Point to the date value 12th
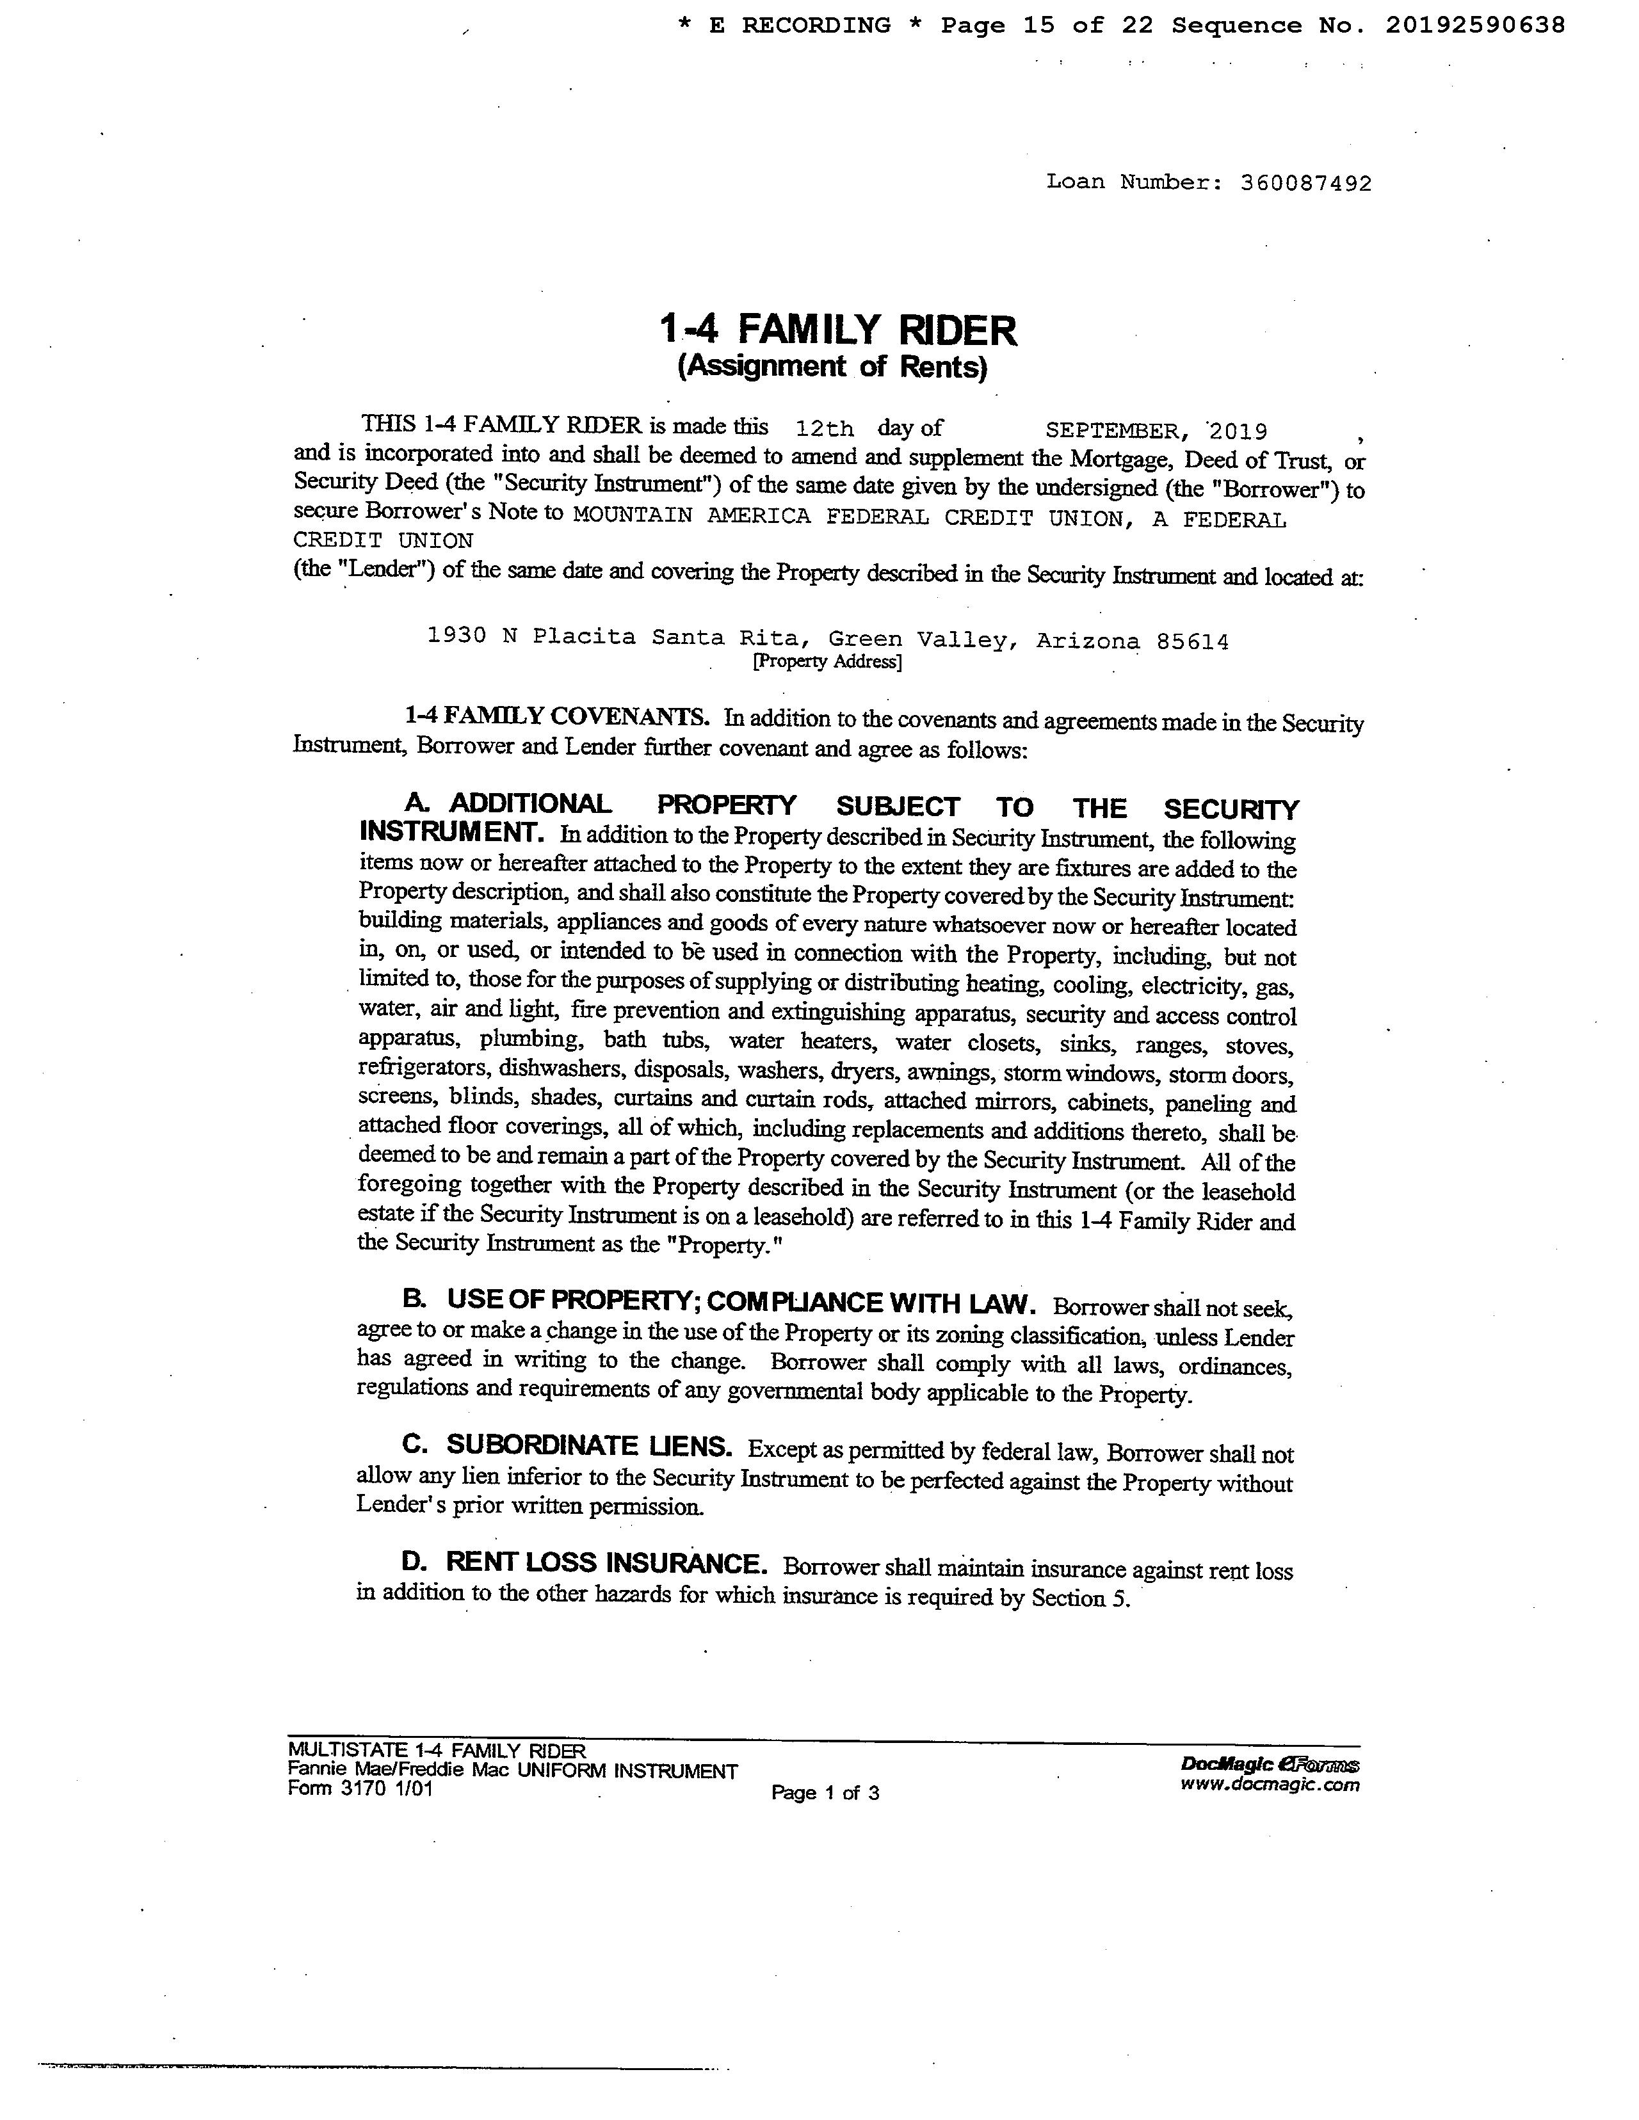(x=823, y=428)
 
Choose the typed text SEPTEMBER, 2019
(x=1156, y=431)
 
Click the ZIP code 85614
(x=1192, y=641)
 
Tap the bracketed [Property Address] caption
(x=827, y=662)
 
